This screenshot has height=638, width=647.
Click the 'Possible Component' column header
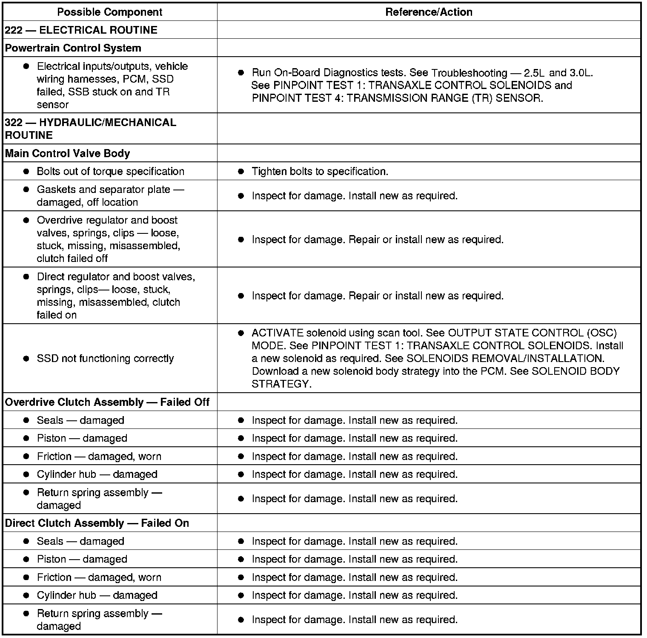click(x=109, y=12)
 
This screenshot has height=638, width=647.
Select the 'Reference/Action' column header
click(x=429, y=12)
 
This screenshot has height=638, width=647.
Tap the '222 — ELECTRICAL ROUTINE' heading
click(x=81, y=30)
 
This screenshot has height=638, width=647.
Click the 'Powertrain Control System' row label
click(x=73, y=48)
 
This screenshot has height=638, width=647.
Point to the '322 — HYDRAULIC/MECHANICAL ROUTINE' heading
click(x=90, y=129)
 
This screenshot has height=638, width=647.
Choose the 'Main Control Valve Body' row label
click(x=67, y=153)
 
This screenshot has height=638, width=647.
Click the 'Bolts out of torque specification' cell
click(x=110, y=171)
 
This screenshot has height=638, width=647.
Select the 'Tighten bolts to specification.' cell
click(x=320, y=171)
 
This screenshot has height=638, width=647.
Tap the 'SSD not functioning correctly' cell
click(x=105, y=358)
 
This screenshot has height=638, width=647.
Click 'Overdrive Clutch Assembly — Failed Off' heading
click(x=107, y=402)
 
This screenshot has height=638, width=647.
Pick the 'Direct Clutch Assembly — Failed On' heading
click(x=97, y=523)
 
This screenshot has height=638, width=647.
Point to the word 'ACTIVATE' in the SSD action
click(x=277, y=333)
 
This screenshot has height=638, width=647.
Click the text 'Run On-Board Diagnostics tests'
click(x=328, y=72)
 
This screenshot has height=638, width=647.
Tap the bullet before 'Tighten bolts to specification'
click(x=241, y=171)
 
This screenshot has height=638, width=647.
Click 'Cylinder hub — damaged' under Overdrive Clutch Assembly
click(x=97, y=474)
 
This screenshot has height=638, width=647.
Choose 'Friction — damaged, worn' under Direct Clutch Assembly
click(x=99, y=577)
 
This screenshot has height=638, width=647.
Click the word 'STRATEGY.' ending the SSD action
click(x=281, y=384)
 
